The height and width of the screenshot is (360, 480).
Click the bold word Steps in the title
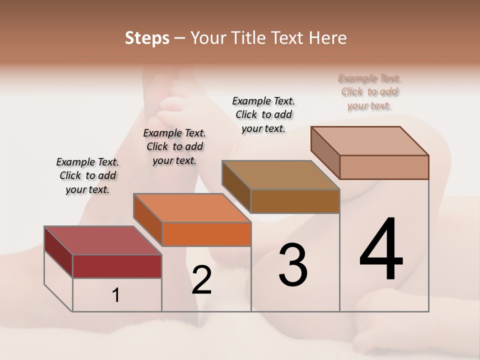[x=147, y=38]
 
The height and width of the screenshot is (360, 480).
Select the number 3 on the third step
[x=293, y=265]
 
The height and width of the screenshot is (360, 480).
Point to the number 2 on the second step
[x=201, y=280]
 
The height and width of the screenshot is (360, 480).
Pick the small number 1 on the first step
[x=116, y=295]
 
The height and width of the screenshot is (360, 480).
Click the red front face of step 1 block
[x=117, y=266]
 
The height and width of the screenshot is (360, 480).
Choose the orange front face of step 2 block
[x=206, y=234]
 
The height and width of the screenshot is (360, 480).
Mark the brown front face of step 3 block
[x=295, y=201]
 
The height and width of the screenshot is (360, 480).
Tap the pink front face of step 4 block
[x=384, y=167]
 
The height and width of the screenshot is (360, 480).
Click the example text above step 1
[x=87, y=175]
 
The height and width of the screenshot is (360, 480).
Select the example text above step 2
[x=174, y=146]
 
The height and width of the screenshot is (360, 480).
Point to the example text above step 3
[x=263, y=114]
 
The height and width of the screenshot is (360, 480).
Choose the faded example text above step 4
[x=369, y=92]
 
